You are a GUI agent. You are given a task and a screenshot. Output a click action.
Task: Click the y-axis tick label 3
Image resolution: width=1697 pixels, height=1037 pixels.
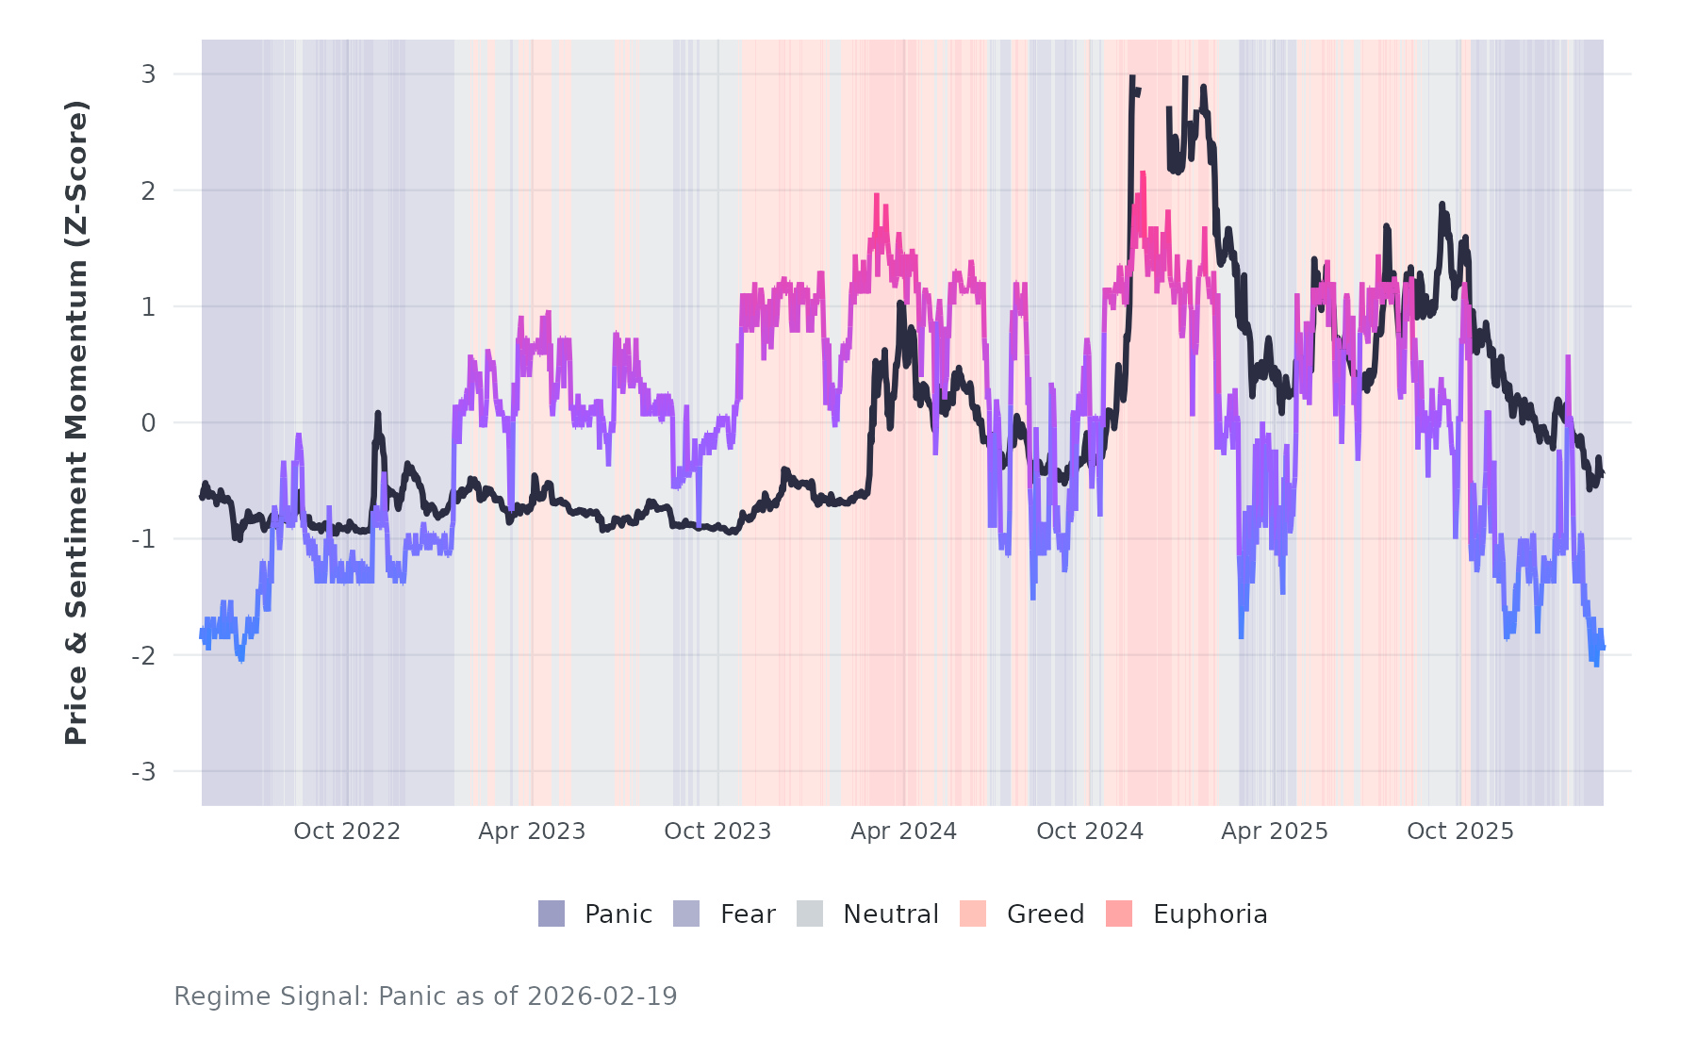(148, 74)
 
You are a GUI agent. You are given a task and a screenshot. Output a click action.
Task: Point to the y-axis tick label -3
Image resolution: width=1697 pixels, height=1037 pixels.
(143, 772)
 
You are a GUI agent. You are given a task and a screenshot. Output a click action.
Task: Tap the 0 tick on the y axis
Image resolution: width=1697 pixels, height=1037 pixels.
(148, 423)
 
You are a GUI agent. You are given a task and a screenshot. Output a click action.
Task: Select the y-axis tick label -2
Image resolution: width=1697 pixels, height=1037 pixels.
(143, 656)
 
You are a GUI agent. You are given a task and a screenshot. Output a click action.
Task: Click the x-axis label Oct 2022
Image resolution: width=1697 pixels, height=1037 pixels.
(347, 831)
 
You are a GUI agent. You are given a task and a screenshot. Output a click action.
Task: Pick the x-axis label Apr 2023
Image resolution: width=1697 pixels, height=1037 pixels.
(532, 831)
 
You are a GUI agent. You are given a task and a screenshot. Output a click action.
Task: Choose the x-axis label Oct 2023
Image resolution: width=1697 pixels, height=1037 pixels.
(717, 831)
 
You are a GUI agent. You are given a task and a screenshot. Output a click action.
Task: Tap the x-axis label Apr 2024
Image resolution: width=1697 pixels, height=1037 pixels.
(903, 831)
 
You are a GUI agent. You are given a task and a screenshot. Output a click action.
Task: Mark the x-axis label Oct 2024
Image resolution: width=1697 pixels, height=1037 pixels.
(1090, 831)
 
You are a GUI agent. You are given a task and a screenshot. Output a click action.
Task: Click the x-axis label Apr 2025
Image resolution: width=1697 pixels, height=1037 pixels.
(1275, 831)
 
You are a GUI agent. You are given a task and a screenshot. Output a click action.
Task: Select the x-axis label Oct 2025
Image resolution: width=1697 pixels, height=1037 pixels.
(1460, 831)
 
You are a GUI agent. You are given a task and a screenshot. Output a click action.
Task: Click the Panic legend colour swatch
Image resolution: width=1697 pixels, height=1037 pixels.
(552, 914)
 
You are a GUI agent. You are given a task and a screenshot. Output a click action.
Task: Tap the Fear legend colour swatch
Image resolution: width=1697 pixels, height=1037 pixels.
(686, 914)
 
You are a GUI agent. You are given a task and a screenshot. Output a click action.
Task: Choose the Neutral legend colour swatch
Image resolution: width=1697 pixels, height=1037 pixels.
(810, 914)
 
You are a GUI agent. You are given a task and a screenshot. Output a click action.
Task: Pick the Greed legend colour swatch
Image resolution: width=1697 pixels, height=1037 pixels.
(973, 914)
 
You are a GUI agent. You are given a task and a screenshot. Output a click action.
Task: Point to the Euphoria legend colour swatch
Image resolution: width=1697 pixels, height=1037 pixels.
(1119, 914)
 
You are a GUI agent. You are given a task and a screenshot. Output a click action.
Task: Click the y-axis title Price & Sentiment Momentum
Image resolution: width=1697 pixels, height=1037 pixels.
(75, 422)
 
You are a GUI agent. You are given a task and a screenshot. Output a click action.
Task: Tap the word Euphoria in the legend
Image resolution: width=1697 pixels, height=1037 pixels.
(1210, 914)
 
